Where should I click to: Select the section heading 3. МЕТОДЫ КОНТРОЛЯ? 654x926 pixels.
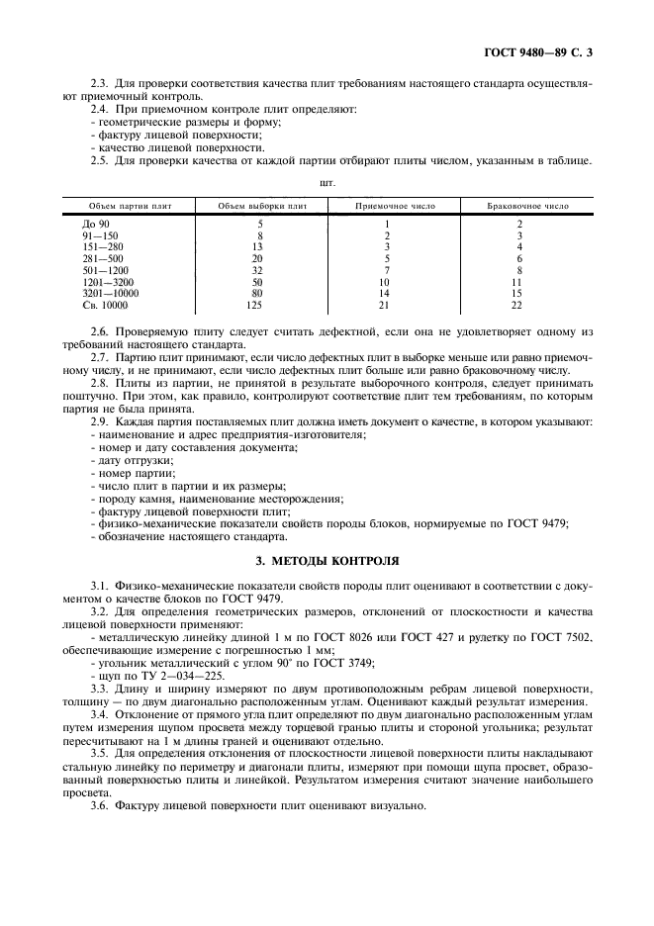coord(327,558)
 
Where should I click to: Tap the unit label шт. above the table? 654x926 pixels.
coord(327,183)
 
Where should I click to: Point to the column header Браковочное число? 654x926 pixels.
coord(528,207)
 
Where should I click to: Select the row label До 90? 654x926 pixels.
coord(97,226)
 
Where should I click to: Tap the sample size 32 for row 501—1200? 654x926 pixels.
coord(259,270)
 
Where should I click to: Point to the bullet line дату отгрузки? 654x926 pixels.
coord(135,461)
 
